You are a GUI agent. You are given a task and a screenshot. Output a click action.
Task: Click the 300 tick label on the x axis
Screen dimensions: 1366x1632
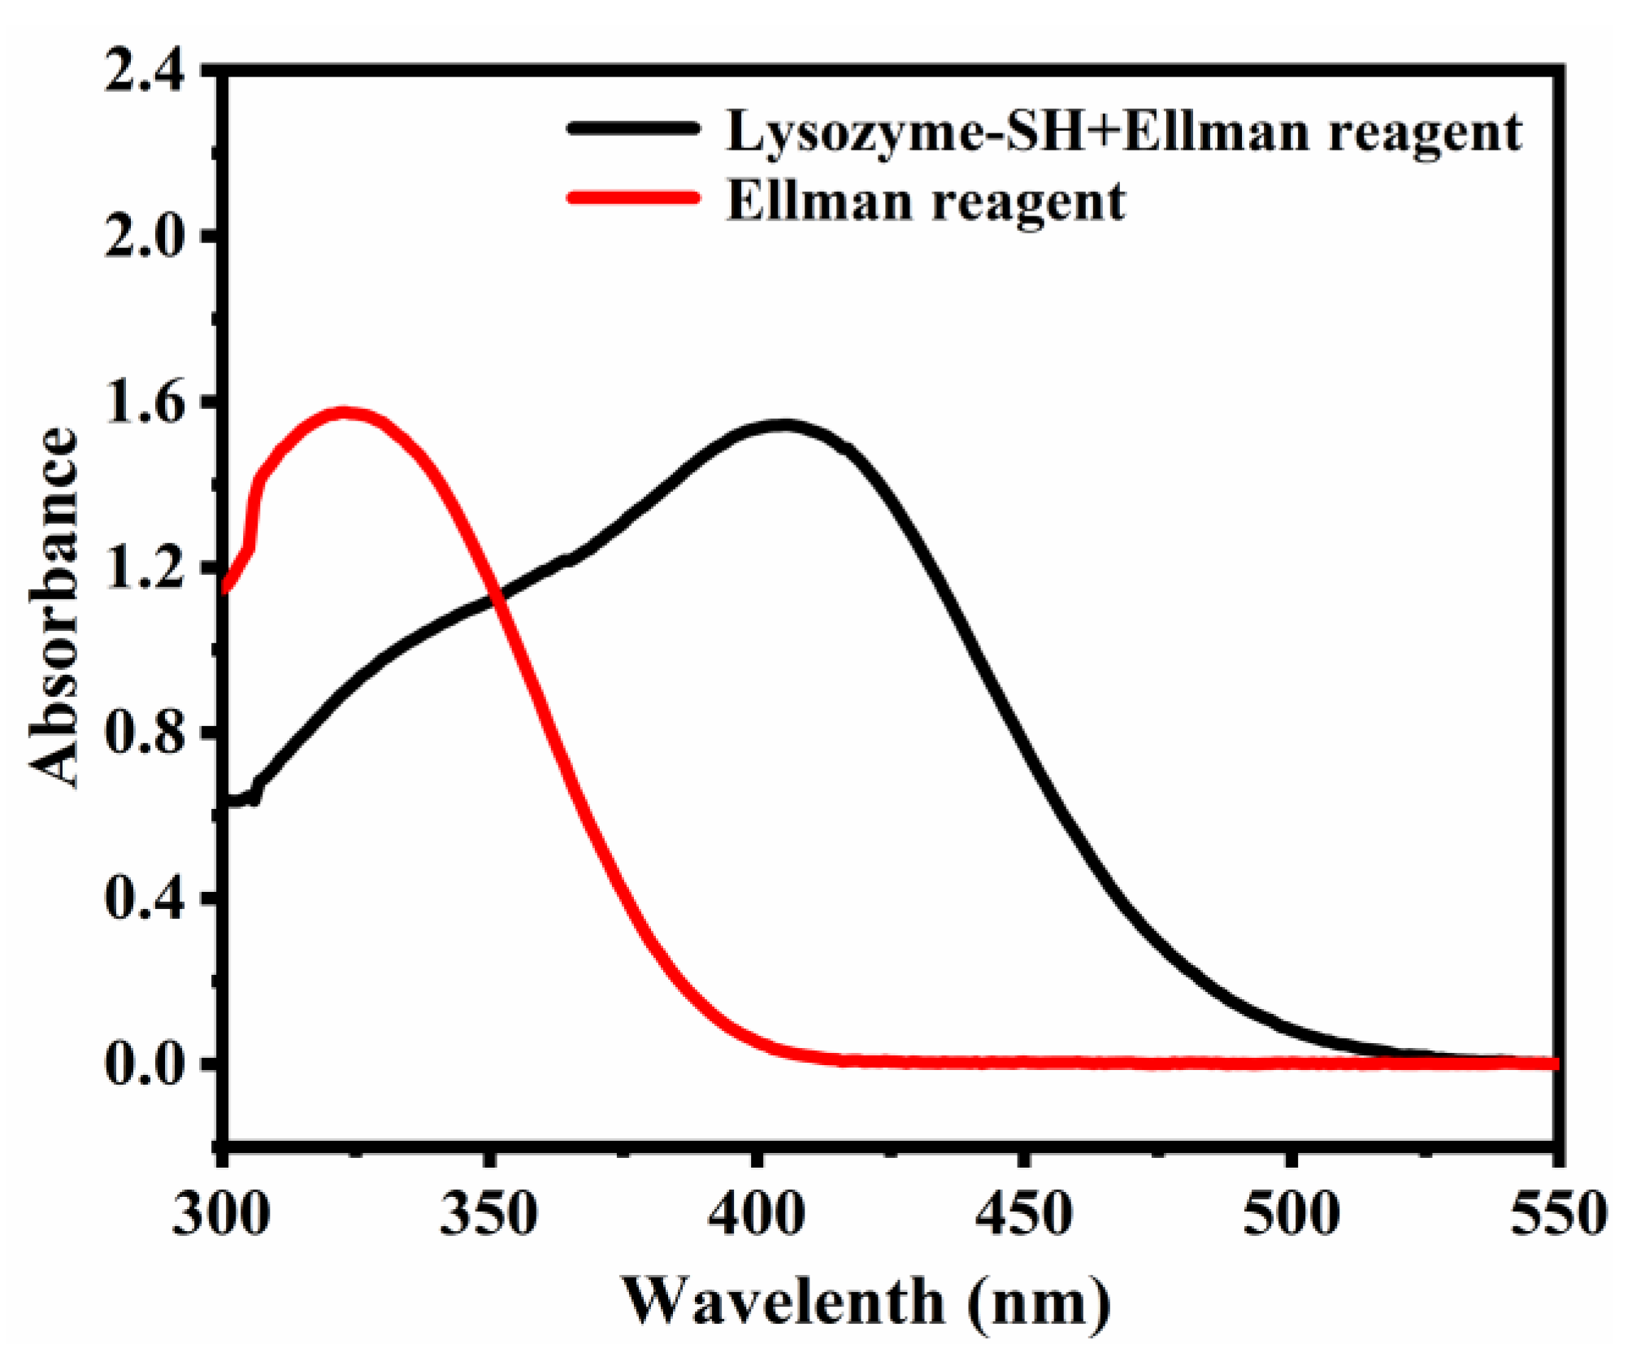pos(221,1215)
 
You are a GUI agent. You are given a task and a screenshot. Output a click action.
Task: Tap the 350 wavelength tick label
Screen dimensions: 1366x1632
pos(488,1215)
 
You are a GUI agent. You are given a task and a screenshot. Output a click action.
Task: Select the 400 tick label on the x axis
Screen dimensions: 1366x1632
pos(756,1215)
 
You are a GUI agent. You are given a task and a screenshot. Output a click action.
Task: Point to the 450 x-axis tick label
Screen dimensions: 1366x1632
pos(1023,1215)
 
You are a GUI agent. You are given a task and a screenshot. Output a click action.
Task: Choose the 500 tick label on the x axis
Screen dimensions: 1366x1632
pos(1291,1215)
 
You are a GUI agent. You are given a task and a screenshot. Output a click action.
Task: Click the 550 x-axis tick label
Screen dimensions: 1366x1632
pos(1557,1215)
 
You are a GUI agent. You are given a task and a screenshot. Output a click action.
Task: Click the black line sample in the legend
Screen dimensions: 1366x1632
pos(634,128)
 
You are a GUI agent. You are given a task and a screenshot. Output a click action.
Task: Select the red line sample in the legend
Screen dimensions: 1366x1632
pos(634,198)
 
